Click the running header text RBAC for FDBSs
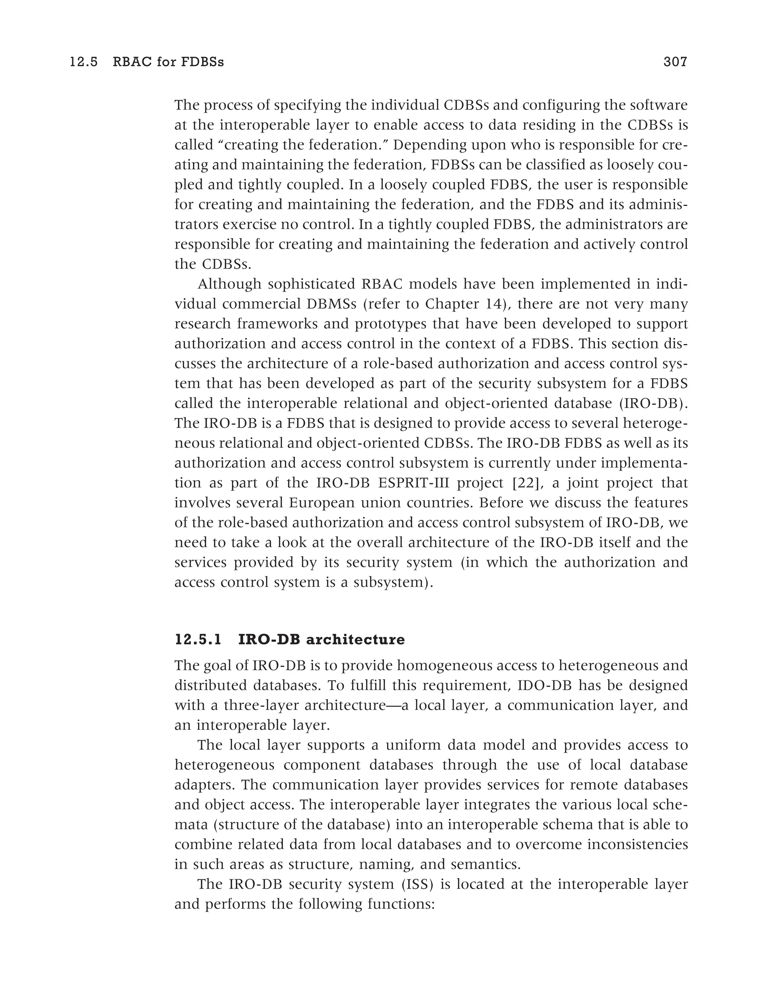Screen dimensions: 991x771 168,62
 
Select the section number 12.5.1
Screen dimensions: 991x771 198,640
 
